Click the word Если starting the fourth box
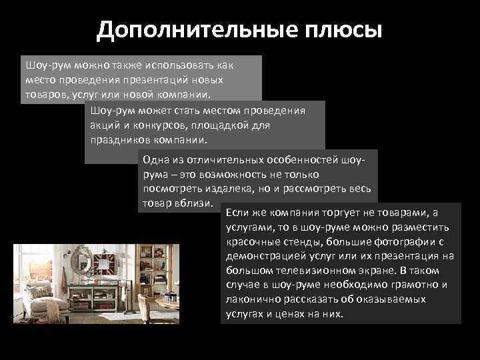(x=238, y=212)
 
